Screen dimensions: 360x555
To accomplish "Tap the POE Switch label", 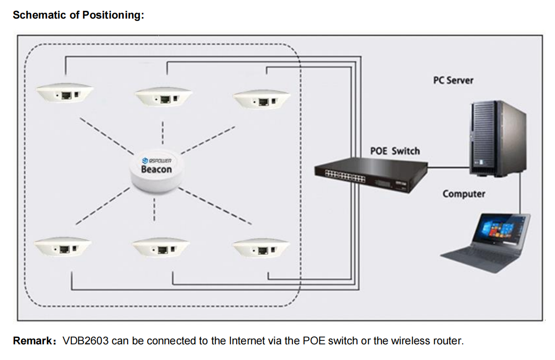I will coord(395,151).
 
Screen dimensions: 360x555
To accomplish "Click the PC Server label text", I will coord(453,80).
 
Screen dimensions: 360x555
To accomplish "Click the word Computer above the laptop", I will coord(464,194).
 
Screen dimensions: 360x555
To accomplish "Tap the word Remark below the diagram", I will coord(33,341).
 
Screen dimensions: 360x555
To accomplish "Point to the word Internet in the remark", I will coord(247,341).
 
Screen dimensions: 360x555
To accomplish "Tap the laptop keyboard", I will coord(482,257).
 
